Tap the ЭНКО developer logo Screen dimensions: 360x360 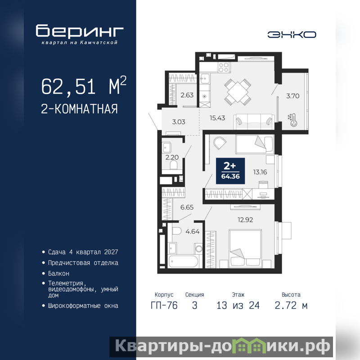292,35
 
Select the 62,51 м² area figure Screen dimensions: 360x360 84,86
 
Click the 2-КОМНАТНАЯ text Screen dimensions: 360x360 80,109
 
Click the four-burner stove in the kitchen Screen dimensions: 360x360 223,67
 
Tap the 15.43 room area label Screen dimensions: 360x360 217,118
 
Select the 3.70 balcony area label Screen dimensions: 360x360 293,96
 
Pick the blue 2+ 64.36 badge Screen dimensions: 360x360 230,171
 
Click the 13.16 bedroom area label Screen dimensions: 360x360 260,172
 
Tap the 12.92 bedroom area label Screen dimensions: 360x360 245,220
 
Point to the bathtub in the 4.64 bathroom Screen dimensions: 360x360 183,261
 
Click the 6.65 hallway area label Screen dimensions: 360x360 187,207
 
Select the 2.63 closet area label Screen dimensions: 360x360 187,95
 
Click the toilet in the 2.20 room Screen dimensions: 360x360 174,165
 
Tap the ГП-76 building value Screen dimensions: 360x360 164,306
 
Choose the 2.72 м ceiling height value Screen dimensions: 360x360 291,306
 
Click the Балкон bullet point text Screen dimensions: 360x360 58,274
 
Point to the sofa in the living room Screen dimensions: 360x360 254,121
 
